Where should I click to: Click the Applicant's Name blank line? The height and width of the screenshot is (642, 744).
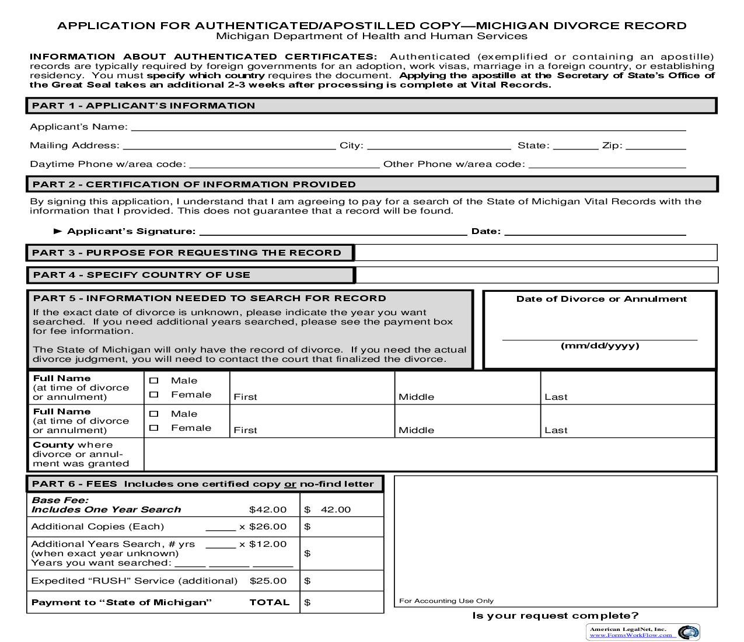pyautogui.click(x=408, y=127)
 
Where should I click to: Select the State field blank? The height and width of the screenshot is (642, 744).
pyautogui.click(x=575, y=145)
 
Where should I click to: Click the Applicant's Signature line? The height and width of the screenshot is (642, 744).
pyautogui.click(x=333, y=231)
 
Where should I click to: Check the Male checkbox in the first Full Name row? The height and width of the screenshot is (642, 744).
pyautogui.click(x=154, y=381)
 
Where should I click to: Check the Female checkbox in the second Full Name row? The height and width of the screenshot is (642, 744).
pyautogui.click(x=154, y=428)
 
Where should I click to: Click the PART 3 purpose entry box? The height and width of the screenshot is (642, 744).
pyautogui.click(x=536, y=253)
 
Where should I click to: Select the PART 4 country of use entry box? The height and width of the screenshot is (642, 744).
pyautogui.click(x=536, y=275)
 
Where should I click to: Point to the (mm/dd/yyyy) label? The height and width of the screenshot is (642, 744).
pyautogui.click(x=600, y=346)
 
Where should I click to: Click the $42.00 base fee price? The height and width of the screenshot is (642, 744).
pyautogui.click(x=268, y=510)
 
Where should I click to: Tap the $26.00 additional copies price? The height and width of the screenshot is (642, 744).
pyautogui.click(x=268, y=526)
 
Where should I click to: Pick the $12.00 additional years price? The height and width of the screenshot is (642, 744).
pyautogui.click(x=268, y=544)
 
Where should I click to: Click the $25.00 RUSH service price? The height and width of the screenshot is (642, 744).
pyautogui.click(x=268, y=581)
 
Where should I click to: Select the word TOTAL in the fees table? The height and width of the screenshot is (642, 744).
pyautogui.click(x=270, y=602)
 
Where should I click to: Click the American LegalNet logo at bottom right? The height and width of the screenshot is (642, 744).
pyautogui.click(x=689, y=632)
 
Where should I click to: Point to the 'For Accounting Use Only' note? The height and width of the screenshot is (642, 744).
pyautogui.click(x=446, y=601)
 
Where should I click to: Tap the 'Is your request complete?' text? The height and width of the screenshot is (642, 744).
pyautogui.click(x=556, y=616)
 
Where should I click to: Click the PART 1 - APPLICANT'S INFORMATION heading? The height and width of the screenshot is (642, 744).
pyautogui.click(x=144, y=106)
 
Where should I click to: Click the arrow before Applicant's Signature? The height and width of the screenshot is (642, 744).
pyautogui.click(x=58, y=231)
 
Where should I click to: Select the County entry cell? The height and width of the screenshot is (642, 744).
pyautogui.click(x=429, y=454)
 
